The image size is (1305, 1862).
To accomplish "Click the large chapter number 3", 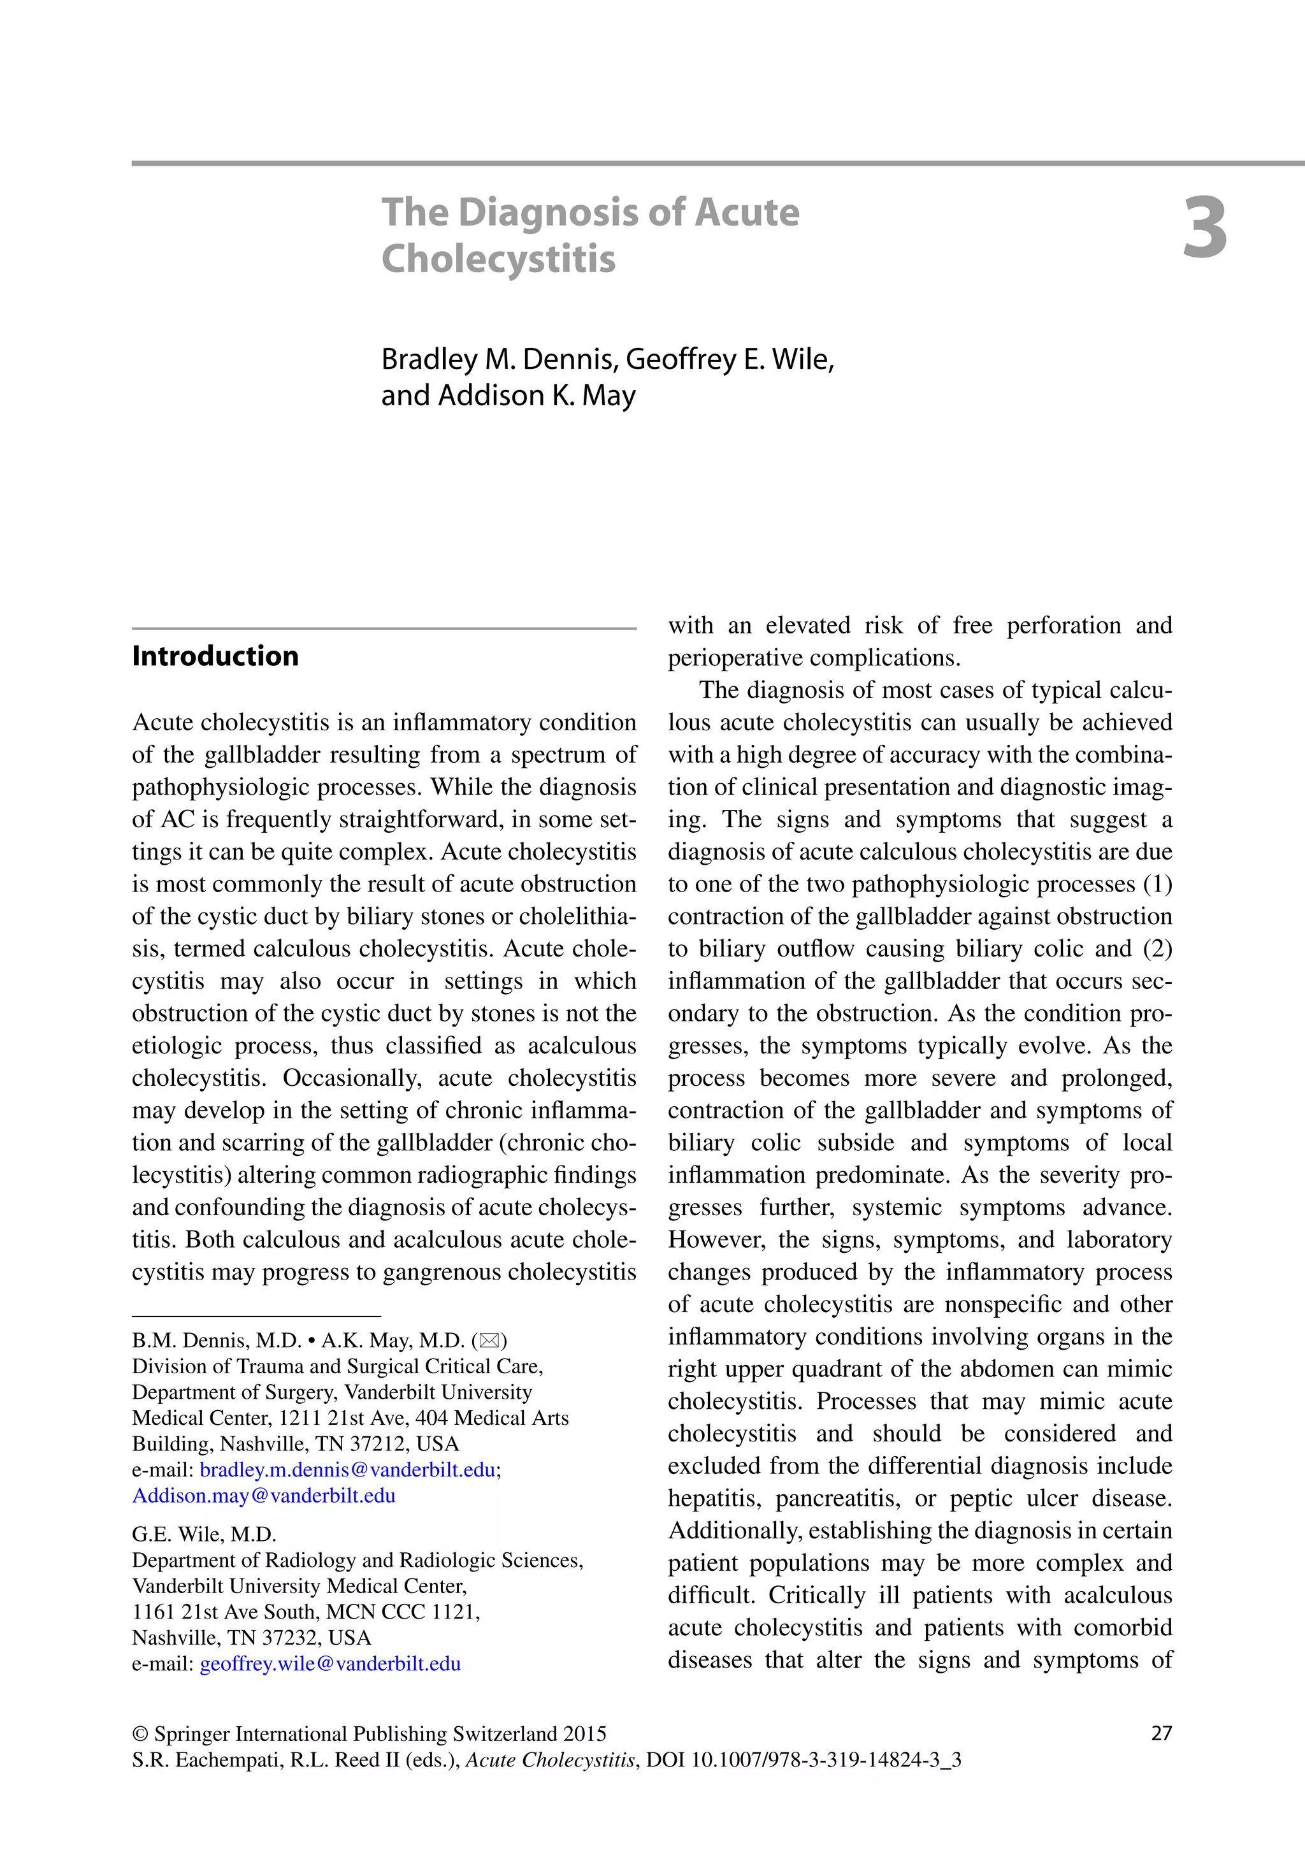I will click(1204, 229).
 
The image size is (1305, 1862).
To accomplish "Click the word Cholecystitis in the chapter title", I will click(498, 259).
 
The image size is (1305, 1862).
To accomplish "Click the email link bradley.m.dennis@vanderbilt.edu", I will click(347, 1469).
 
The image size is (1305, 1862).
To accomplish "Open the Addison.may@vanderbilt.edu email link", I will click(264, 1496).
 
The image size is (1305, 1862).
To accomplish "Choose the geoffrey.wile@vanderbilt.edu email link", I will click(330, 1663).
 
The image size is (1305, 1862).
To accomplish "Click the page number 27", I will click(1162, 1733).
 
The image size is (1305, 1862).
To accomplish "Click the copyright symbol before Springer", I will click(140, 1734).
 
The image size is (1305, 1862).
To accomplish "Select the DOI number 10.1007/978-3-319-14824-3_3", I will click(826, 1760).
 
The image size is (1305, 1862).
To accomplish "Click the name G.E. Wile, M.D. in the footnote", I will click(205, 1534).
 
